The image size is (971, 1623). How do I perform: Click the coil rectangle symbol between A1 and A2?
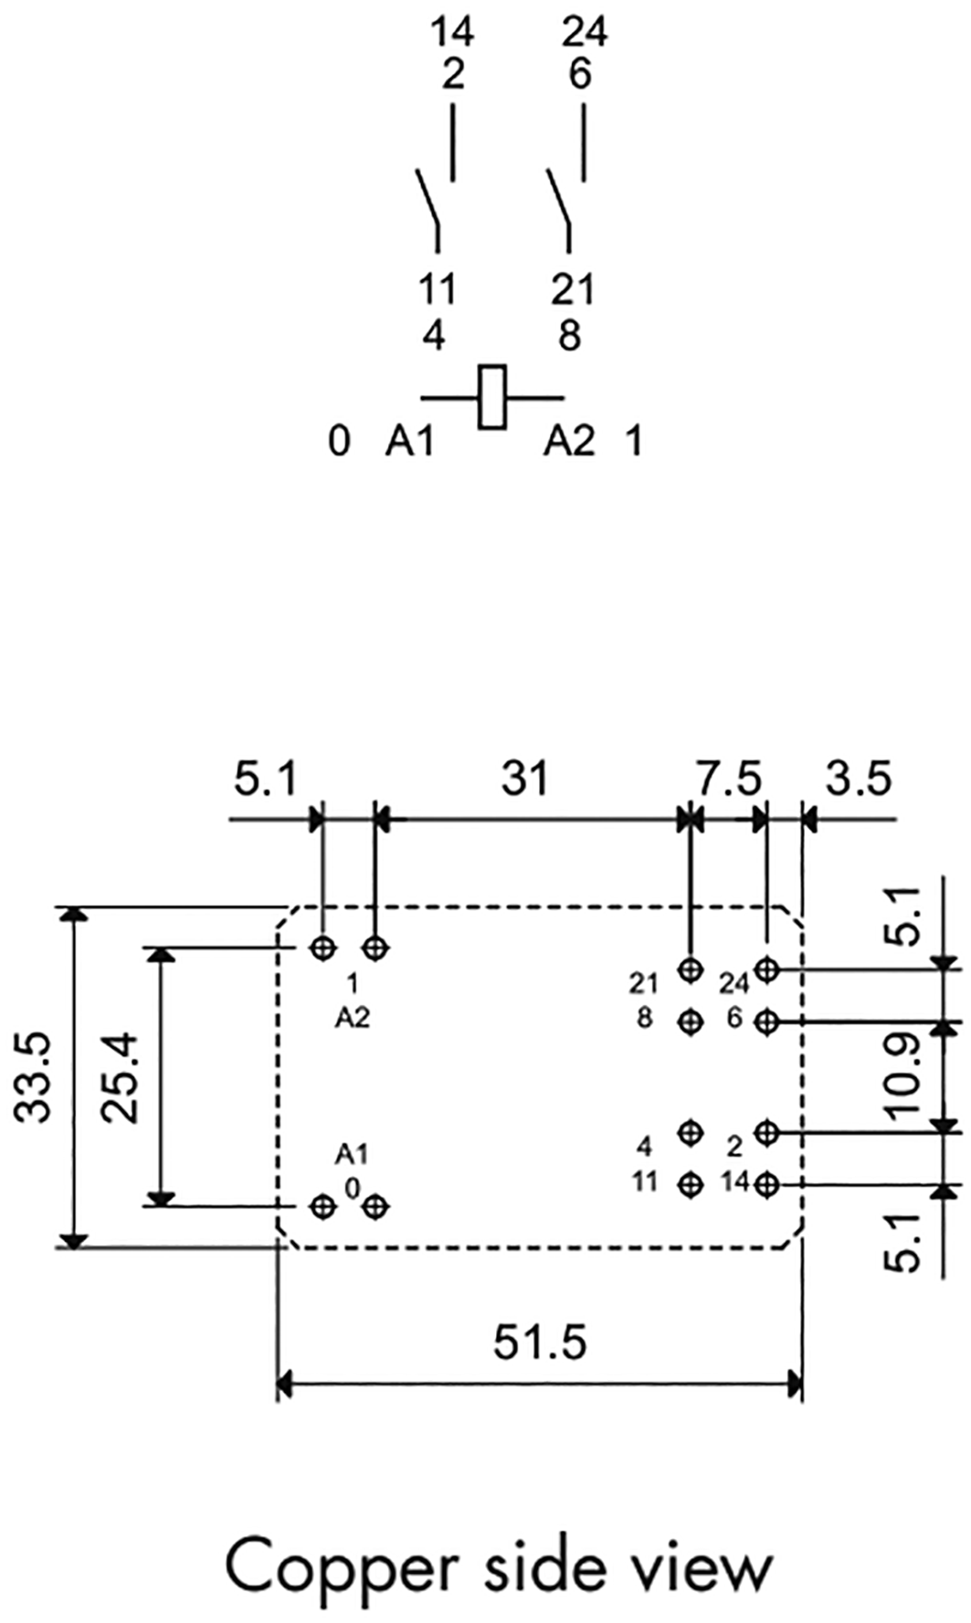coord(492,397)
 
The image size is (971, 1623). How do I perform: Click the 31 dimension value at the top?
coord(525,779)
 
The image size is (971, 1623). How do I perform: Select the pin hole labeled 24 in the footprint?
coord(766,969)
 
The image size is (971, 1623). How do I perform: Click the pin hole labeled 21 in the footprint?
coord(691,969)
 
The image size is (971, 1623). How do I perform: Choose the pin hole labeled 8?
coord(691,1021)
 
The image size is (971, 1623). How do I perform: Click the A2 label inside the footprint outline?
coord(352,1018)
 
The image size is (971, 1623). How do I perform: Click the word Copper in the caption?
coord(340,1567)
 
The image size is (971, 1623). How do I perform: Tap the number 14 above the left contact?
coord(452,34)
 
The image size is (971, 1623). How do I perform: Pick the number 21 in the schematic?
coord(573,291)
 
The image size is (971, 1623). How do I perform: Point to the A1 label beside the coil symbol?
coord(408,443)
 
